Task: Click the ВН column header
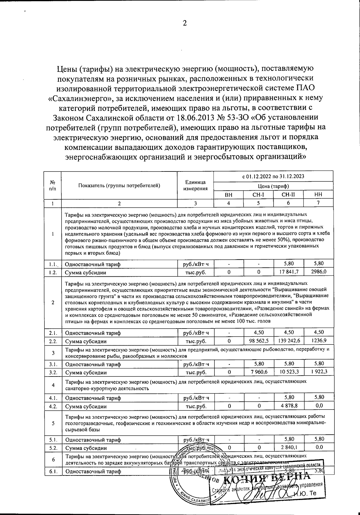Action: pos(229,195)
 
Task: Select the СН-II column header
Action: pos(288,195)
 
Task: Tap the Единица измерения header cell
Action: pos(195,186)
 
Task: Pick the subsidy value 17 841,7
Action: pos(288,272)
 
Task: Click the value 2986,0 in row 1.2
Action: pos(319,272)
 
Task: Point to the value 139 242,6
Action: pos(288,341)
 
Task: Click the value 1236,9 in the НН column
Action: pos(319,341)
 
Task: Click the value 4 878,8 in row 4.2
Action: pos(288,406)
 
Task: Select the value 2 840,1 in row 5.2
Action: pos(288,448)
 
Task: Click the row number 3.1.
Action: pos(53,365)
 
